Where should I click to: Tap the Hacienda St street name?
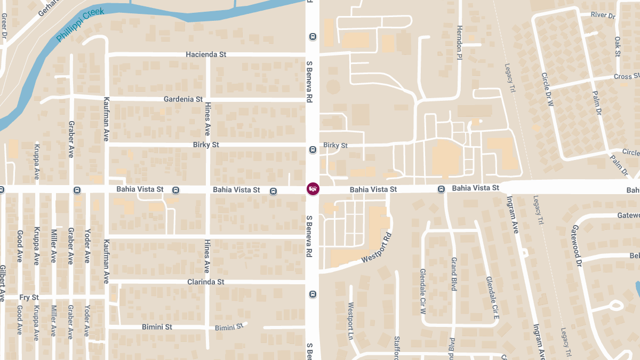click(206, 54)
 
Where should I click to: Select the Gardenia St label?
click(183, 99)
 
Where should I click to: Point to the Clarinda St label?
click(205, 282)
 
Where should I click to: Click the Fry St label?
click(29, 297)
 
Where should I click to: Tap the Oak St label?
click(617, 46)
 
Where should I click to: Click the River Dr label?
click(603, 15)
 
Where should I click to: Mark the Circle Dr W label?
click(548, 90)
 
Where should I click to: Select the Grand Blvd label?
click(454, 274)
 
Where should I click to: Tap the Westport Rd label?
click(377, 248)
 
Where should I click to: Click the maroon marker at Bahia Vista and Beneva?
click(313, 189)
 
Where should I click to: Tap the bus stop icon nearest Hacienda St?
click(313, 37)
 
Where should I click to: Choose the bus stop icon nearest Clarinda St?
click(313, 294)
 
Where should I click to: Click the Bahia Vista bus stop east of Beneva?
click(441, 189)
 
